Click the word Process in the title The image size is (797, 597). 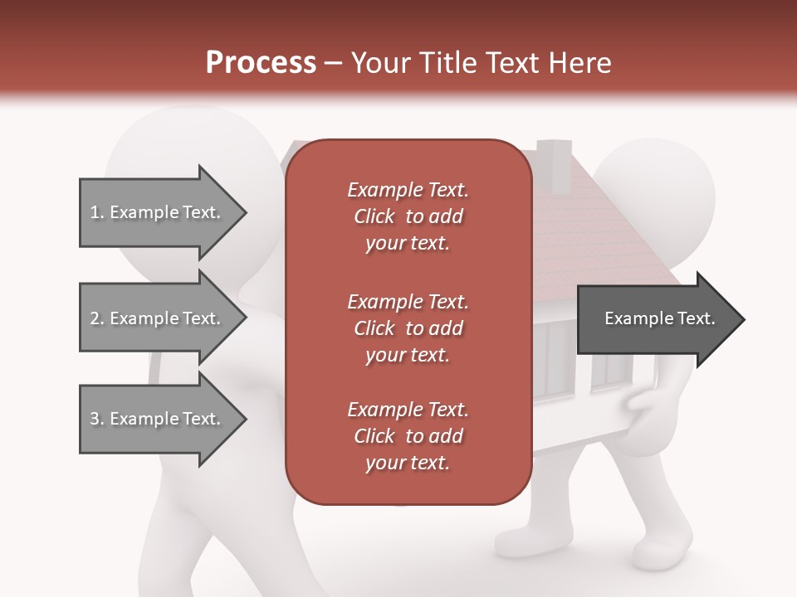coord(261,63)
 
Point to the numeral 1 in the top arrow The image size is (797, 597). coord(94,212)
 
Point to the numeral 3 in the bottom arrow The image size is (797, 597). coord(95,419)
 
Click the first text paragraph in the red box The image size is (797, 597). coord(408,216)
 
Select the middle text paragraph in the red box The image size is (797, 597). coord(408,328)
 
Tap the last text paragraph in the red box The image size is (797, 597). coord(408,436)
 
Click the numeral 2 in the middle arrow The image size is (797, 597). coord(95,318)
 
